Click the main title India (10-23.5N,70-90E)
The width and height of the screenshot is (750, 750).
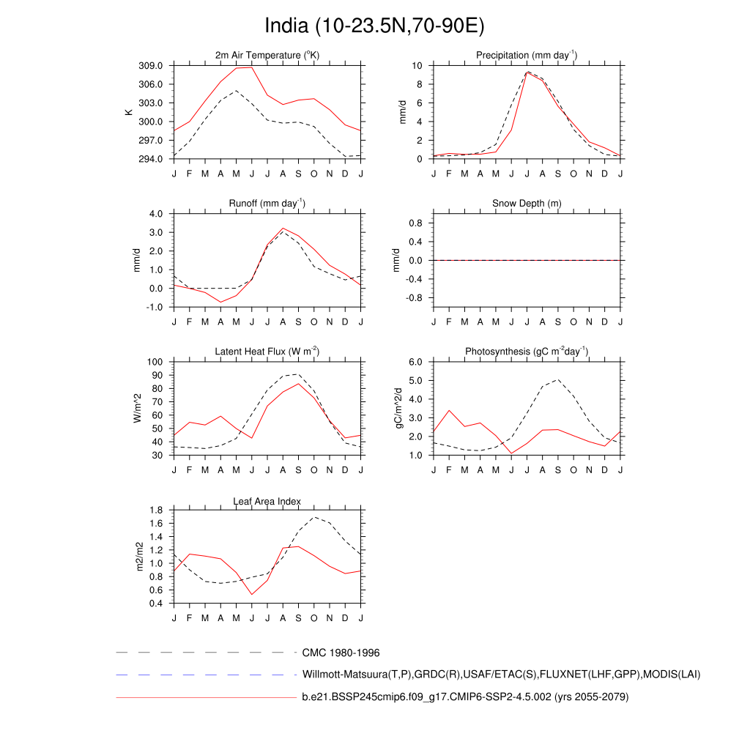(374, 26)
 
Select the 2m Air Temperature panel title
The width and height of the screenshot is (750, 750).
(267, 55)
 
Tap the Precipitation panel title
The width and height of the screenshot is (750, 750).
(526, 55)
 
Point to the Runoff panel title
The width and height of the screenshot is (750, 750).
(267, 203)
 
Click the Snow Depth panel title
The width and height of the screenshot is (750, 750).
(526, 203)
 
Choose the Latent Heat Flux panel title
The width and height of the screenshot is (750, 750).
(267, 352)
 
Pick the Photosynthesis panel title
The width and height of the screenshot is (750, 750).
(526, 352)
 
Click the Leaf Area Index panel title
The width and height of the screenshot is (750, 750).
(267, 501)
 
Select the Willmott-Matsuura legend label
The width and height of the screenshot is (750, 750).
(501, 674)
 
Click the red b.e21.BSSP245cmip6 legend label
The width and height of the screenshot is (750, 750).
(465, 697)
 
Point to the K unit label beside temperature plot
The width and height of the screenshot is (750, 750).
(129, 112)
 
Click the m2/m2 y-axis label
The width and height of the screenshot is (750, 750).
(140, 557)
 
